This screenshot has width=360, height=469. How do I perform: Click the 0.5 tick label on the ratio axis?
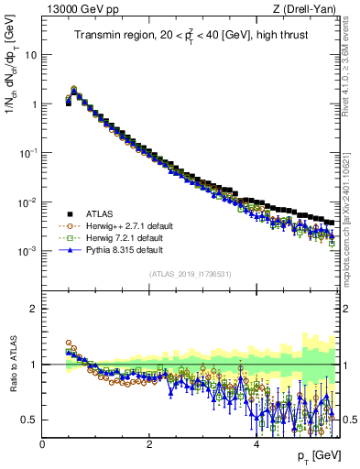28,420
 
